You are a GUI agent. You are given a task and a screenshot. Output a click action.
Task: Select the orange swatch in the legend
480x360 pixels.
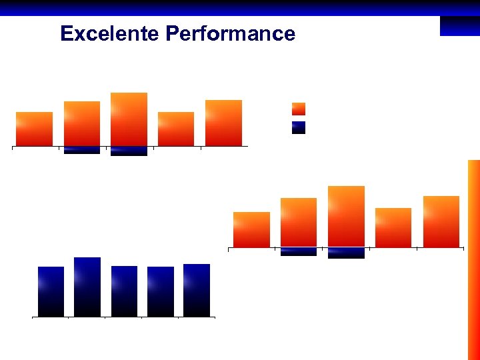(x=299, y=109)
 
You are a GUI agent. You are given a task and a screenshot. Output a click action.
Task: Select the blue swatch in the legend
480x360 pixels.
(x=299, y=127)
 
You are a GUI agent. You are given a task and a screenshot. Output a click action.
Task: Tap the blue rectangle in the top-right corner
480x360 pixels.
(x=459, y=26)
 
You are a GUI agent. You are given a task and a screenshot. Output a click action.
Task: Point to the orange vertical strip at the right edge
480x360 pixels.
(x=473, y=260)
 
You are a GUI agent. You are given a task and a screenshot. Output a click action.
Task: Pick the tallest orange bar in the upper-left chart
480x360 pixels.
(x=129, y=119)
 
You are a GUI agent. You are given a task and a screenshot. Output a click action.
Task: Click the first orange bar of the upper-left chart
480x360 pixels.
(x=34, y=129)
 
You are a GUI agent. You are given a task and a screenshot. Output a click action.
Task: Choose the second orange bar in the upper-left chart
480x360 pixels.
(x=82, y=123)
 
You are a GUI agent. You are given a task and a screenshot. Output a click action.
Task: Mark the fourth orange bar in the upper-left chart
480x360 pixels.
(x=176, y=129)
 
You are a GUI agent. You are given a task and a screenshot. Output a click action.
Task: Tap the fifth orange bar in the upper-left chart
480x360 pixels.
(x=223, y=123)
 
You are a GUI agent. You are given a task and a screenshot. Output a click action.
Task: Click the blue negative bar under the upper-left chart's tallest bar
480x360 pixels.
(x=129, y=151)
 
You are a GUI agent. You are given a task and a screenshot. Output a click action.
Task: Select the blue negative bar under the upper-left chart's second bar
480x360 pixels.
(x=82, y=150)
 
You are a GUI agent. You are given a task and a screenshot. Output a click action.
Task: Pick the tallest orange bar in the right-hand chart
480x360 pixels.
(x=346, y=217)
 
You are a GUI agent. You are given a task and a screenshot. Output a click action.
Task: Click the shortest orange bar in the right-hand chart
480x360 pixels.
(x=251, y=230)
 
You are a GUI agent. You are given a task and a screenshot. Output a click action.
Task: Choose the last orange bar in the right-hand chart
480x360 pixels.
(x=441, y=222)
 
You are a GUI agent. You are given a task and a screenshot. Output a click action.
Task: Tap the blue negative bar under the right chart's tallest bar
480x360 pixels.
(x=346, y=253)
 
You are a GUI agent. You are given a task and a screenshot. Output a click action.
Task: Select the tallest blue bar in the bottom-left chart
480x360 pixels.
(x=87, y=287)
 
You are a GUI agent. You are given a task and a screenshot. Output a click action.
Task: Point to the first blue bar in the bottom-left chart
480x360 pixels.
(x=51, y=291)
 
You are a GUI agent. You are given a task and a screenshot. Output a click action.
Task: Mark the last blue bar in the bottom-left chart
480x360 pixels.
(x=197, y=290)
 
